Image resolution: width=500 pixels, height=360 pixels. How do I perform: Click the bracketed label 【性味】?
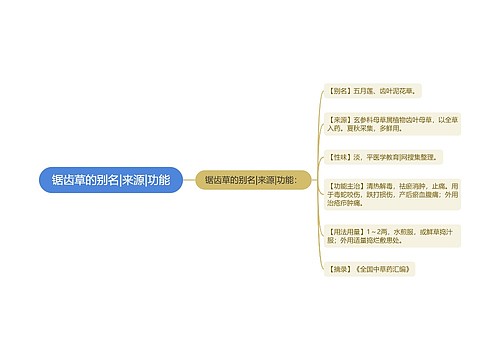click(339, 157)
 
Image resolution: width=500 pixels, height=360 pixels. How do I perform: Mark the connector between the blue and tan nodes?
click(176, 181)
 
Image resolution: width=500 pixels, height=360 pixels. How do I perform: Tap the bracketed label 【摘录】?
click(339, 270)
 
